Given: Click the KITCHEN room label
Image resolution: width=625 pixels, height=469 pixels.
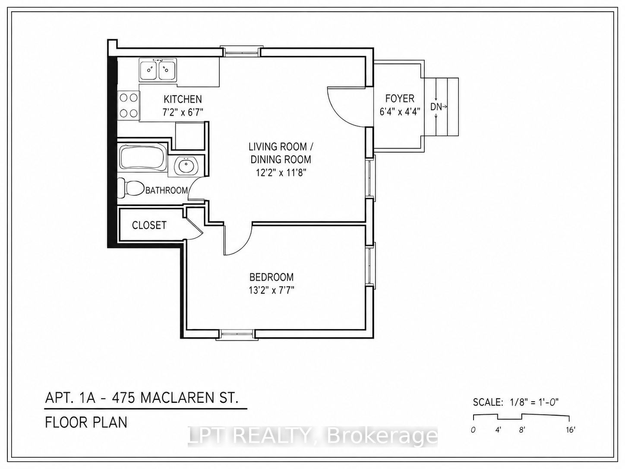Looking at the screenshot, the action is (183, 99).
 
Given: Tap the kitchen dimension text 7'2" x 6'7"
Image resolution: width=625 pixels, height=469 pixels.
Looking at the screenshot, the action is (183, 112).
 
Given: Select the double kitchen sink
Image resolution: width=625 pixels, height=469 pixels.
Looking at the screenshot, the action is (158, 69).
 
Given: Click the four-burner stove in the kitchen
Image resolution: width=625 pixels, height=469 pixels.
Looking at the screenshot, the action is (129, 105).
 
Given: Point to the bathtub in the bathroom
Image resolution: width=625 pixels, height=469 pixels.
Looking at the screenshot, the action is (143, 157).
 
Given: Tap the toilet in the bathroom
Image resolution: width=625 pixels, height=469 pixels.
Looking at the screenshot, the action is (130, 188).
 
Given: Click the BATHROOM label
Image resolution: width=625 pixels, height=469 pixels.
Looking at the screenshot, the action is (167, 190).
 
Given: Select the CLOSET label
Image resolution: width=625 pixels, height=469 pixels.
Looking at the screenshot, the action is (149, 225).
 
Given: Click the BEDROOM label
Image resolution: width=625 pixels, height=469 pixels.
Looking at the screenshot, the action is (271, 277).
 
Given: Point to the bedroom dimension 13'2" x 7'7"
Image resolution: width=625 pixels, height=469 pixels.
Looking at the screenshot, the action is (271, 290).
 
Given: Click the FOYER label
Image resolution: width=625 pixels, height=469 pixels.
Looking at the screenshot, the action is (400, 98).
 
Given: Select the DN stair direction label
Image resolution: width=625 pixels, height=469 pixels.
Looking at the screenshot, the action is (436, 107).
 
